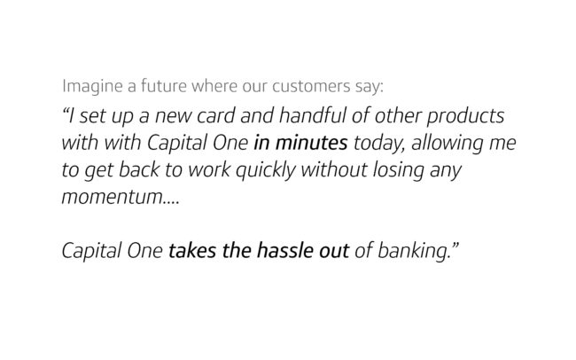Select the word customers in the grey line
point(311,86)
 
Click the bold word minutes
point(312,143)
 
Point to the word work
point(209,170)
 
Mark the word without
point(334,170)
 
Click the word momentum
point(112,198)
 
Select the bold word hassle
point(285,251)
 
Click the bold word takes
point(191,251)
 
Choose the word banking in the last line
point(414,252)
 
